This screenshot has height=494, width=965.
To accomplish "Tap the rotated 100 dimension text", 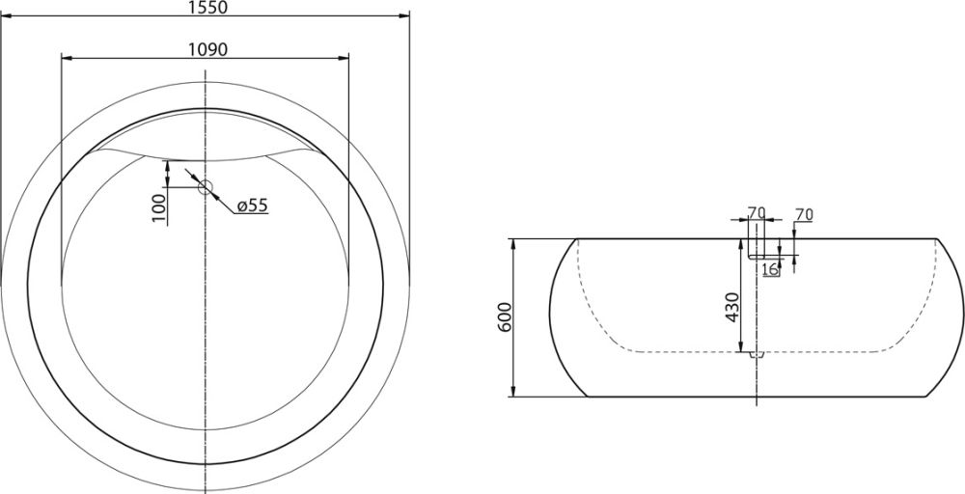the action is [x=159, y=207].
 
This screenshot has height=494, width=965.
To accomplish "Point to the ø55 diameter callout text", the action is [x=252, y=206].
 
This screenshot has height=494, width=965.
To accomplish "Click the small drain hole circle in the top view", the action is [x=205, y=187].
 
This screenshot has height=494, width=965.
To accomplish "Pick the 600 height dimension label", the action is [x=505, y=317].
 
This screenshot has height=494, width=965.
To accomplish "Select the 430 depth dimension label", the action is [x=731, y=307].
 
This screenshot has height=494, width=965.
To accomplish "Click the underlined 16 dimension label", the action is [x=770, y=269].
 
